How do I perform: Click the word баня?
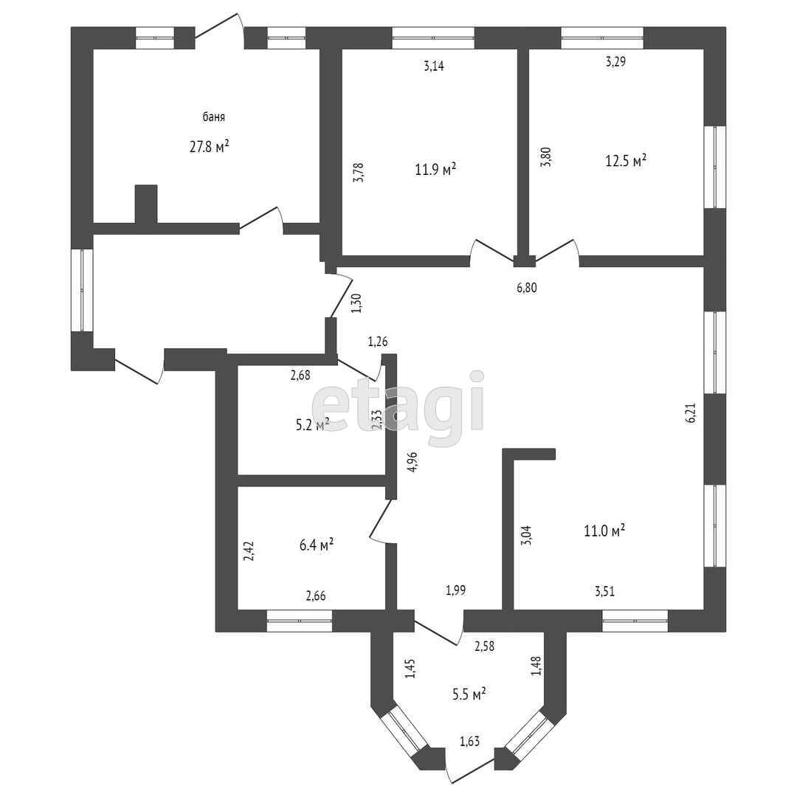[x=214, y=117]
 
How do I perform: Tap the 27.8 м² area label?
[x=209, y=146]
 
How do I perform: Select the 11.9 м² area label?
[x=435, y=169]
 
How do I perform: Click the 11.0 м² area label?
[x=604, y=530]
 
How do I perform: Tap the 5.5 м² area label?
[x=469, y=694]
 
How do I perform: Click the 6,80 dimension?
[x=526, y=288]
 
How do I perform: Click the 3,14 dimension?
[x=434, y=66]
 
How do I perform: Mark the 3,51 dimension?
[x=604, y=590]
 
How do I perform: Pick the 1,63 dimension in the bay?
[x=470, y=741]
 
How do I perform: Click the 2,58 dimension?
[x=484, y=646]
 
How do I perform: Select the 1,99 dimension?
[x=455, y=590]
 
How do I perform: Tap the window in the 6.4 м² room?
[x=299, y=621]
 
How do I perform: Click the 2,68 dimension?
[x=300, y=375]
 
